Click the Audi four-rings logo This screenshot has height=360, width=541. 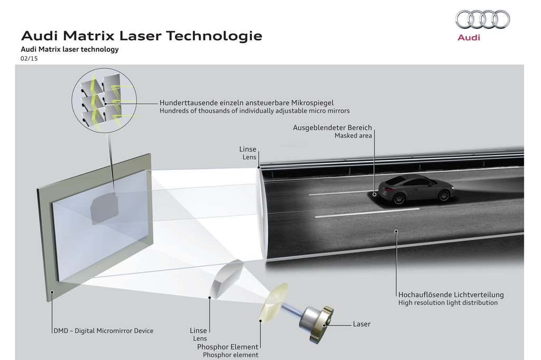482,20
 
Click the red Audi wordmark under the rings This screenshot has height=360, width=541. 469,37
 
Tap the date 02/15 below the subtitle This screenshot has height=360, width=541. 29,59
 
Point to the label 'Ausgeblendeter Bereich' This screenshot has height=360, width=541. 332,128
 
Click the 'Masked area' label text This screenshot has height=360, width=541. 353,136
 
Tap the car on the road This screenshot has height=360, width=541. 416,189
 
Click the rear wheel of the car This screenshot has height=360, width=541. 398,198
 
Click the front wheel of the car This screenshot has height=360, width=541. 444,195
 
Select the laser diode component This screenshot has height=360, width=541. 316,324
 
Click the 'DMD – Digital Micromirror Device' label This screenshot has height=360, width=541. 103,330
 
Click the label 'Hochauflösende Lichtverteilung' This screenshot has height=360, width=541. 451,295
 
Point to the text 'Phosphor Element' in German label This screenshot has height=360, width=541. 228,347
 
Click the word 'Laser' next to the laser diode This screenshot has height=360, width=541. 361,324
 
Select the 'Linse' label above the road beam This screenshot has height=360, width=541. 248,149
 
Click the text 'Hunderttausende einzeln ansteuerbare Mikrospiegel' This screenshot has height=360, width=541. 246,103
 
